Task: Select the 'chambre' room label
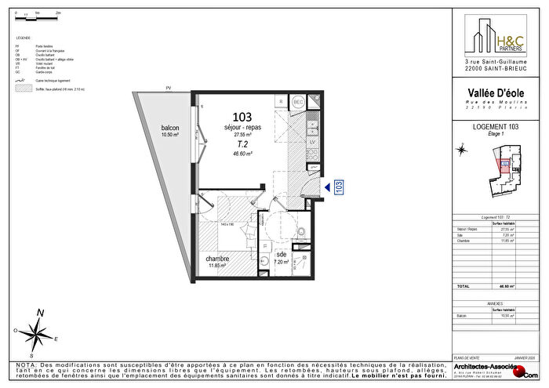217,259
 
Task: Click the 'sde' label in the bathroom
282,256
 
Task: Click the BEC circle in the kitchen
298,103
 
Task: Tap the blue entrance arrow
326,187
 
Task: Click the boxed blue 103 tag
340,187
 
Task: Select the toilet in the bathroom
301,230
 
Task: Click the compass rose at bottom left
36,332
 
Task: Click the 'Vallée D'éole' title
496,95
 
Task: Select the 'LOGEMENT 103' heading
496,125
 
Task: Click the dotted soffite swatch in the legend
21,90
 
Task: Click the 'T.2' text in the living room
242,144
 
